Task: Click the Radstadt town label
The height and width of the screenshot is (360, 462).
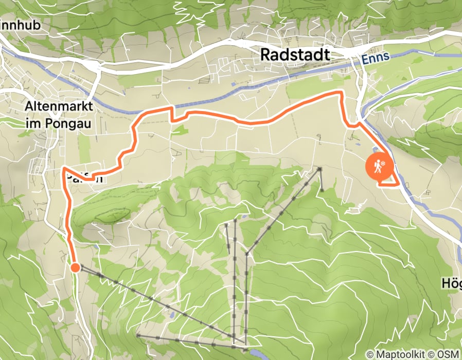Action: point(295,55)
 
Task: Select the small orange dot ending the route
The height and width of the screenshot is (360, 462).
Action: point(75,267)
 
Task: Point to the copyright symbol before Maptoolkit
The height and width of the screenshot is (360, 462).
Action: point(369,354)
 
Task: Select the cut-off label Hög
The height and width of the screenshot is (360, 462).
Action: point(452,283)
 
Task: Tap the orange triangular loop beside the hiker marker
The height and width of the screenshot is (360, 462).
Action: point(389,181)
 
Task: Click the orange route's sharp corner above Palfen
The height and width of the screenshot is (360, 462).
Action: point(63,168)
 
